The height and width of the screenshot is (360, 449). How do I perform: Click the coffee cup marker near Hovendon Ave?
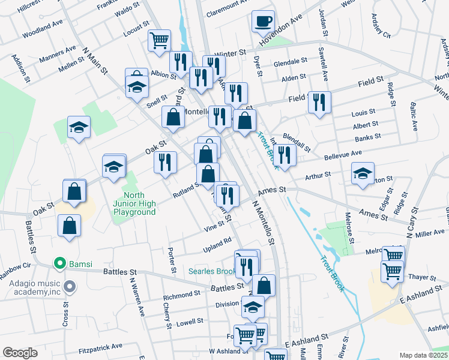pos(262,22)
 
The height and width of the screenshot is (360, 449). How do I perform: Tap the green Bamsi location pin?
pos(59,263)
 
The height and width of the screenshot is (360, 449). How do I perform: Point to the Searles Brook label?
pos(214,272)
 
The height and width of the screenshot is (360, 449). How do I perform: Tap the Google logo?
pos(20,353)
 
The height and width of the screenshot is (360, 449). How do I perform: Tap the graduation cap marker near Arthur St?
pos(363,174)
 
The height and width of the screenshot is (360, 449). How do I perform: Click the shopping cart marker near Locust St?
pos(159,41)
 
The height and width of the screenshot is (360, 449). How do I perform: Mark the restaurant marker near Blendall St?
pos(284,155)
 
